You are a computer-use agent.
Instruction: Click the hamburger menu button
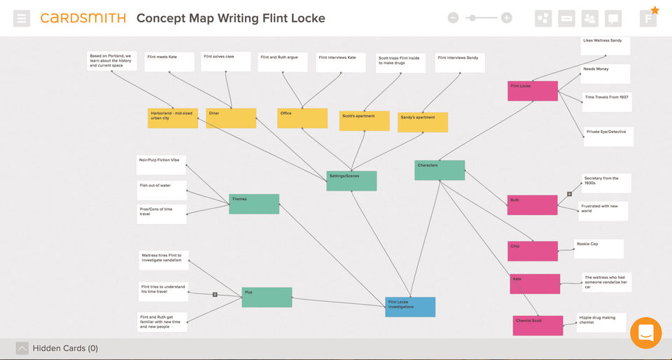(x=22, y=18)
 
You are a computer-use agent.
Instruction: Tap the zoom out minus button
(x=453, y=18)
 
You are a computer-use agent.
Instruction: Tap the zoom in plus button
(x=507, y=18)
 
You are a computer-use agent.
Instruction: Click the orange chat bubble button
(x=645, y=333)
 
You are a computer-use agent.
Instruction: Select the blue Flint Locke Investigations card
(x=410, y=307)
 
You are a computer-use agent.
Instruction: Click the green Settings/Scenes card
(x=351, y=181)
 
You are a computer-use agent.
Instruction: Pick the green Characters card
(x=440, y=170)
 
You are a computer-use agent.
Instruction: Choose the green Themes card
(x=254, y=204)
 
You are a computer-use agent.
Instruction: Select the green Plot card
(x=267, y=297)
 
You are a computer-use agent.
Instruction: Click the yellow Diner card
(x=231, y=118)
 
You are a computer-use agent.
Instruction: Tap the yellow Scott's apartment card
(x=364, y=120)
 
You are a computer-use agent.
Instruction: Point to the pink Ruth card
(x=532, y=205)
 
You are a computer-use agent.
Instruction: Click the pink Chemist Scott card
(x=538, y=325)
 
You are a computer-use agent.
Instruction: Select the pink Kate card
(x=535, y=284)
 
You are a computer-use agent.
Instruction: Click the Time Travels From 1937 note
(x=606, y=102)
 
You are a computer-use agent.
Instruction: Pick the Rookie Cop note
(x=598, y=249)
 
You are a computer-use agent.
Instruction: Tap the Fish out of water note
(x=162, y=191)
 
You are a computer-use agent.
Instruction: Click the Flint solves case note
(x=225, y=62)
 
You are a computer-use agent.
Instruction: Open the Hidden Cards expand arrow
(x=22, y=348)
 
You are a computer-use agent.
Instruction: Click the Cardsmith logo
(x=83, y=18)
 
